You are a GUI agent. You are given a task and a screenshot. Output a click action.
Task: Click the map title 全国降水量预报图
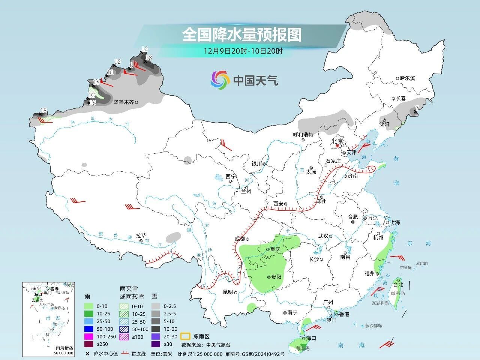tap(242, 35)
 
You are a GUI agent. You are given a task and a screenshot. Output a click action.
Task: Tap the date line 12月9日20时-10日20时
tap(243, 51)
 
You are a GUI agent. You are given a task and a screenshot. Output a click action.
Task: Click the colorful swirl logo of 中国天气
tap(220, 80)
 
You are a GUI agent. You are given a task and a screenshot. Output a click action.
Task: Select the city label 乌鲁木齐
tap(124, 102)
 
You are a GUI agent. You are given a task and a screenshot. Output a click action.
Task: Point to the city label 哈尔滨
tap(407, 78)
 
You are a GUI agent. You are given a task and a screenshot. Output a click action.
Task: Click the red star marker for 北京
tap(337, 145)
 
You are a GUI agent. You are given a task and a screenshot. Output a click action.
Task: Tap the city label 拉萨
tap(141, 235)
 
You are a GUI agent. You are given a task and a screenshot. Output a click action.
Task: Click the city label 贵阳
tap(276, 277)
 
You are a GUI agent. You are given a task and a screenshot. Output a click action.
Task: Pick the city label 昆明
tap(228, 292)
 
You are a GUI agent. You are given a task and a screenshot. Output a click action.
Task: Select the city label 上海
tap(395, 222)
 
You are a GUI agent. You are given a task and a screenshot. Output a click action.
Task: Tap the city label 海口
tap(311, 338)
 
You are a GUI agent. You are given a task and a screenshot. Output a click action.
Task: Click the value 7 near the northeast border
tap(416, 108)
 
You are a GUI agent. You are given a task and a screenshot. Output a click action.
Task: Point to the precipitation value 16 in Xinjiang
tap(93, 103)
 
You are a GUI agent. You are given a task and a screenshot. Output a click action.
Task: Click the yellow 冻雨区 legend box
tap(185, 336)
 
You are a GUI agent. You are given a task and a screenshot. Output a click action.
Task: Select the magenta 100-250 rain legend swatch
tap(88, 336)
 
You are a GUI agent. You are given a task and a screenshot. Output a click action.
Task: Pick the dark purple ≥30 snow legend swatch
tap(156, 344)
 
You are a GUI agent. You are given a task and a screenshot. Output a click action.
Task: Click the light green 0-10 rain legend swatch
tap(88, 306)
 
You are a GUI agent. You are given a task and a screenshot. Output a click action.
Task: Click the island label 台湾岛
tap(398, 293)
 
